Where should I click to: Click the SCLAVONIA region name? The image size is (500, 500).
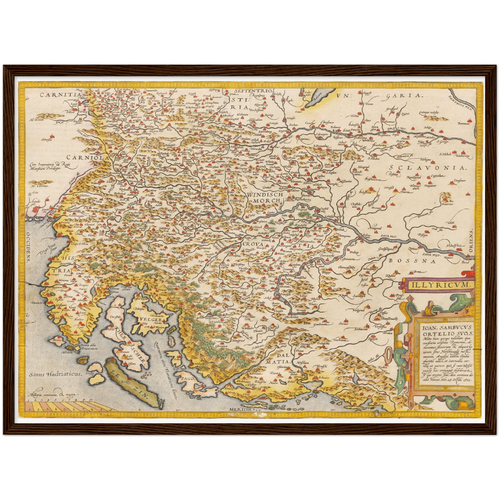pos(428,168)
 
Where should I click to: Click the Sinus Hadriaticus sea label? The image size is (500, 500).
pos(55,374)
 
